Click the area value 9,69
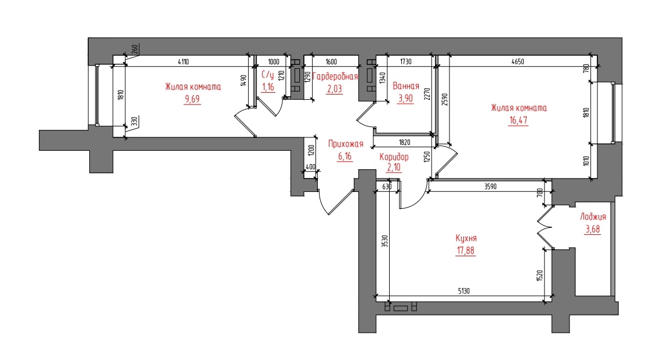click(x=192, y=99)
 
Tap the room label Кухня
click(x=466, y=238)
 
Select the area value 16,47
click(x=518, y=120)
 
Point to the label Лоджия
click(x=593, y=217)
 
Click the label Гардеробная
click(x=335, y=77)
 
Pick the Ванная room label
click(x=406, y=86)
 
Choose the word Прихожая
click(x=346, y=144)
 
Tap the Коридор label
click(x=394, y=157)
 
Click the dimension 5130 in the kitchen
click(x=464, y=291)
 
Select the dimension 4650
click(x=518, y=61)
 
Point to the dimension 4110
click(x=183, y=61)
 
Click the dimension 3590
click(x=491, y=187)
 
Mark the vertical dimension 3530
click(x=385, y=242)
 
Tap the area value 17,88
click(x=466, y=250)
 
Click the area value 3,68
click(x=593, y=229)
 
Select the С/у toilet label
click(x=268, y=75)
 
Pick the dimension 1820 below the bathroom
click(x=404, y=143)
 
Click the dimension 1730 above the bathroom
click(x=406, y=61)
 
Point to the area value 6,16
click(x=345, y=157)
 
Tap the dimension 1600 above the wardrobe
click(x=331, y=61)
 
